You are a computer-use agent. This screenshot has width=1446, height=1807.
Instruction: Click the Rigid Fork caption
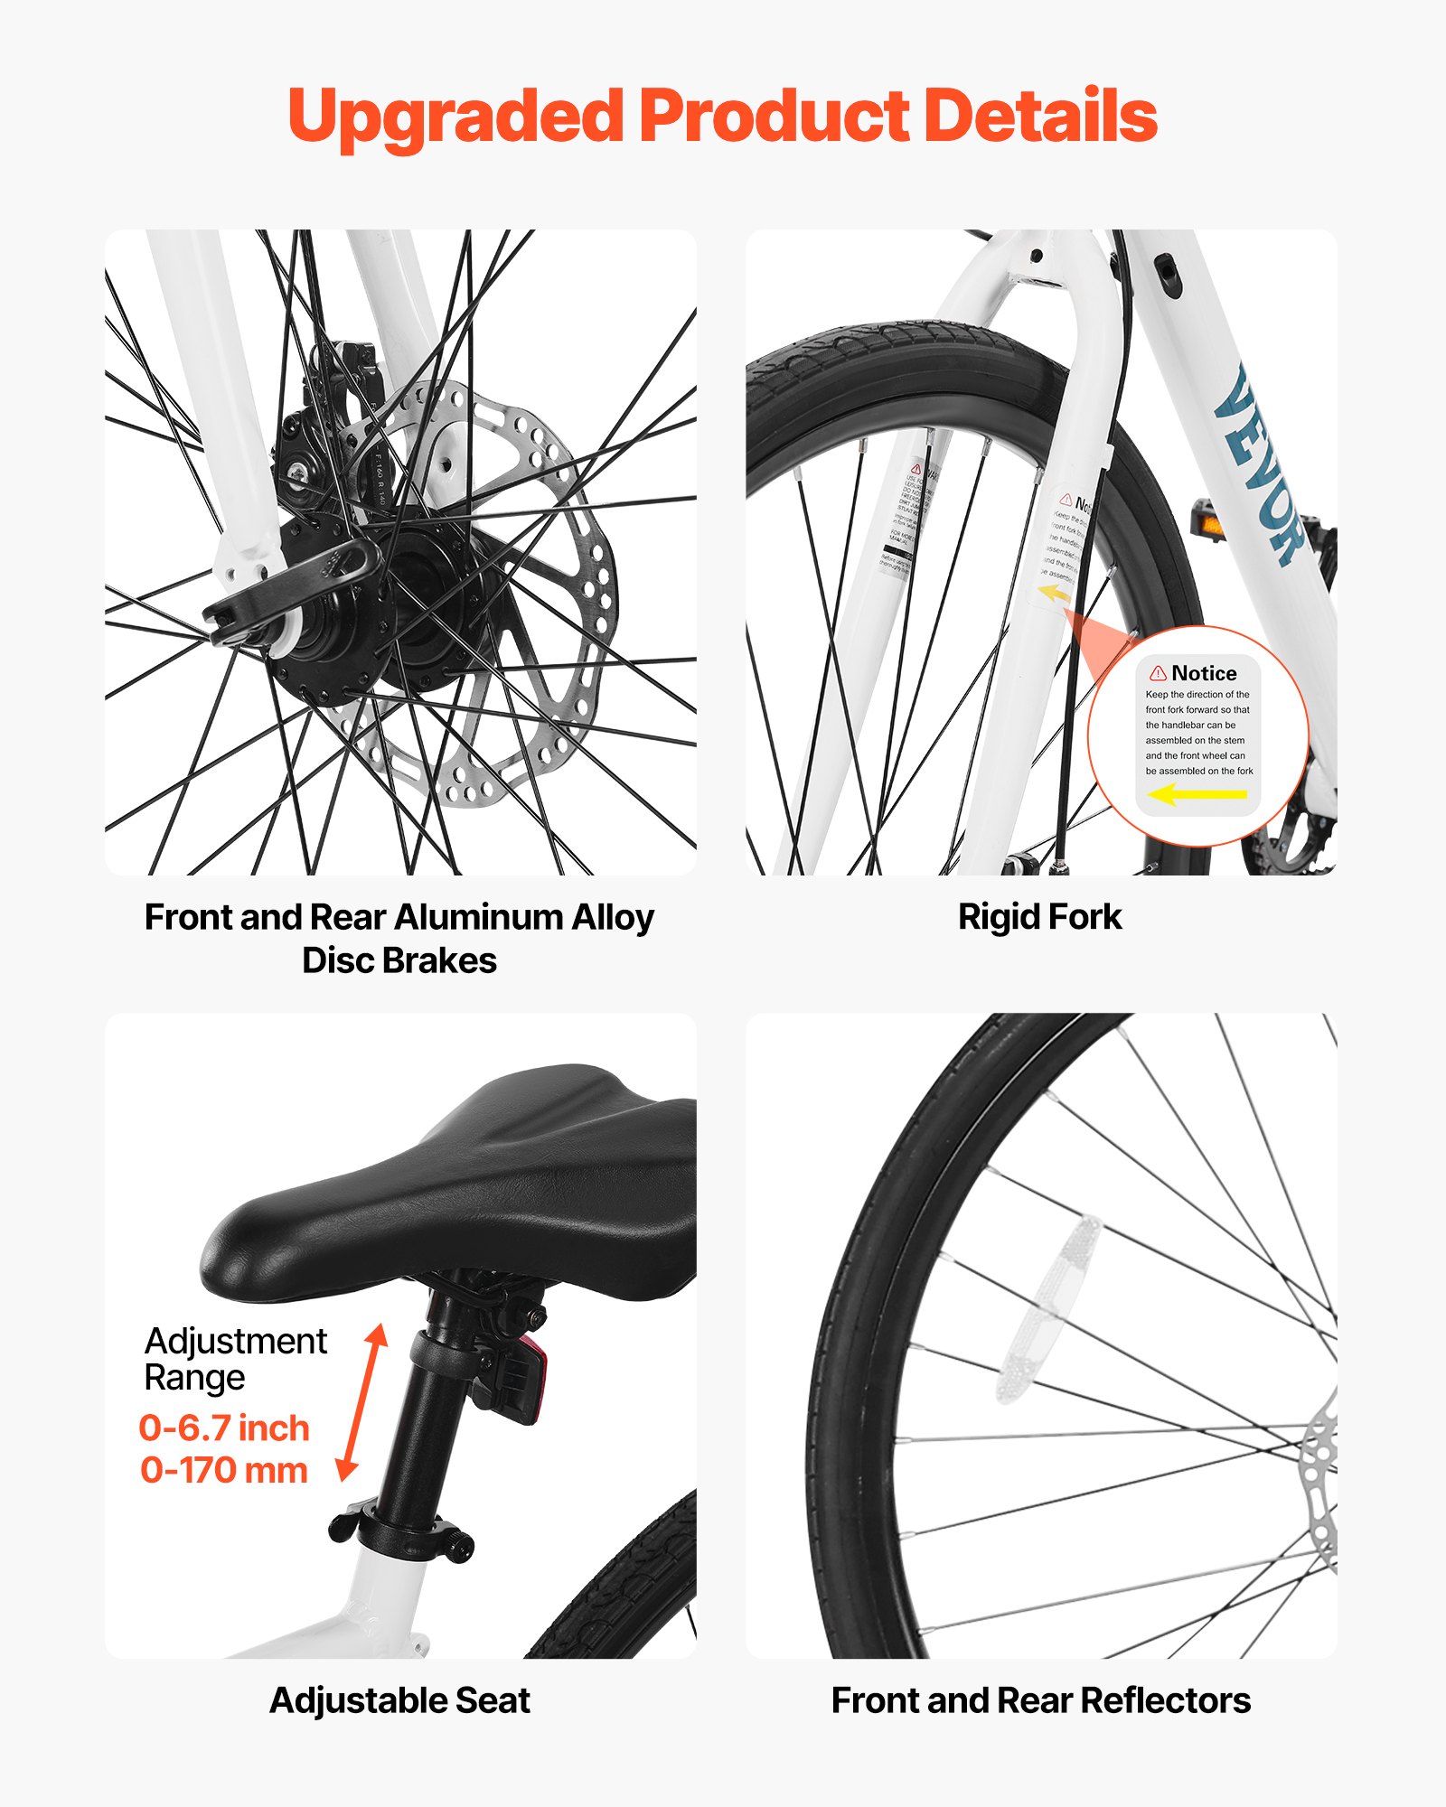[x=1039, y=917]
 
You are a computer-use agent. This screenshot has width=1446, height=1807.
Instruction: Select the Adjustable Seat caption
[x=399, y=1700]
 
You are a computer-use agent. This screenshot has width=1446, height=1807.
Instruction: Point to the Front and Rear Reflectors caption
[x=1040, y=1700]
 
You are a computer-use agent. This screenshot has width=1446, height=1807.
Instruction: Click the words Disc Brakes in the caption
[x=399, y=960]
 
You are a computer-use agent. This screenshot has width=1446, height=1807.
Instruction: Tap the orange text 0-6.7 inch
[x=224, y=1428]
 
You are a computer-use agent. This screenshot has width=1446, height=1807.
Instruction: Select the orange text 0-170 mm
[x=224, y=1470]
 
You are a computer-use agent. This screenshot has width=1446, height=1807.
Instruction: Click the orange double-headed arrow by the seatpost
[x=361, y=1402]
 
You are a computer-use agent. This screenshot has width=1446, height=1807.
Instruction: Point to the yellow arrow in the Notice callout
[x=1197, y=795]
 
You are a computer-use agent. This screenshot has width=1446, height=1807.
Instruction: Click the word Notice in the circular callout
[x=1204, y=673]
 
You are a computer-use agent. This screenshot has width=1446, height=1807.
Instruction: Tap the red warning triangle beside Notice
[x=1158, y=673]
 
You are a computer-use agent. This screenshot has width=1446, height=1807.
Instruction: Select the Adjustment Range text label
[x=235, y=1359]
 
